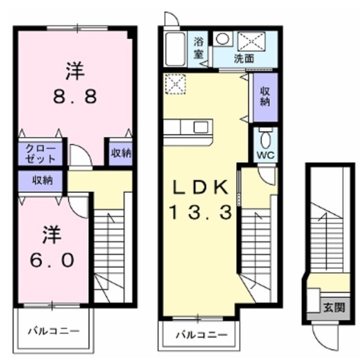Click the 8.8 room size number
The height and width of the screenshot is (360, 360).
point(75,96)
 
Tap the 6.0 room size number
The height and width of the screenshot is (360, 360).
point(51,260)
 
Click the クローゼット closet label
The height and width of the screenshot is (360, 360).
point(42,154)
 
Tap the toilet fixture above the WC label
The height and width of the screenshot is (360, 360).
point(265,138)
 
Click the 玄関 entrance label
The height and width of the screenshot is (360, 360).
point(330,308)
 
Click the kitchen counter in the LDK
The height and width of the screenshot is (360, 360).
point(188,128)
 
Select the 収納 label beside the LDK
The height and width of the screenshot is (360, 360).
point(264,97)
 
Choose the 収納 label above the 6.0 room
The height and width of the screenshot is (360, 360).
point(42,181)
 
